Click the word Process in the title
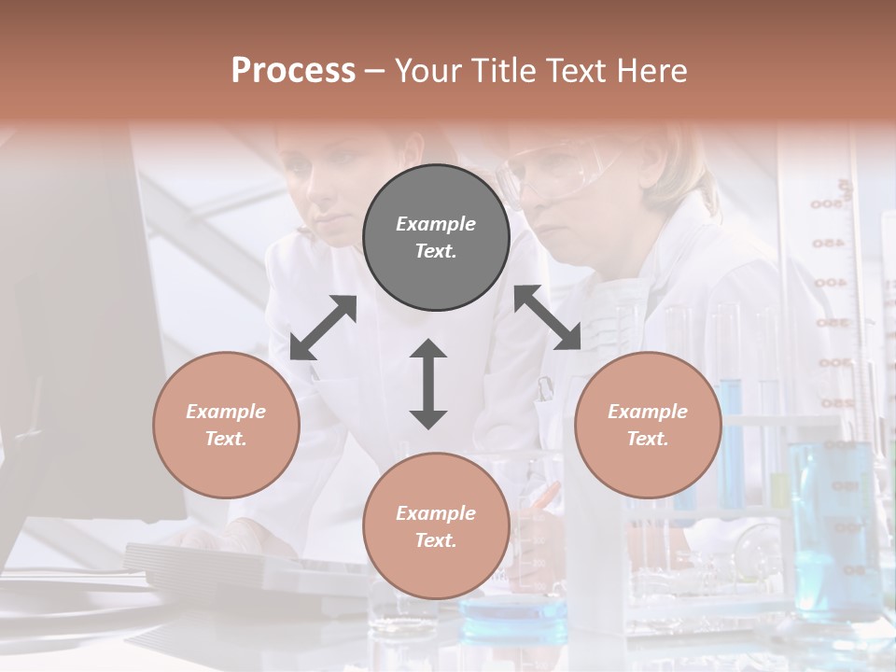click(293, 71)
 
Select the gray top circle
click(436, 237)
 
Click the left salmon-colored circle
click(226, 425)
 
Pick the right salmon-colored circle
click(648, 425)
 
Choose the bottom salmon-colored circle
click(436, 525)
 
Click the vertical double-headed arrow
click(428, 384)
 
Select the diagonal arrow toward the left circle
click(323, 328)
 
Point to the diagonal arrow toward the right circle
click(548, 318)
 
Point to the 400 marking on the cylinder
click(829, 283)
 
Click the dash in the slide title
click(374, 71)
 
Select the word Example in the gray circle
click(436, 224)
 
